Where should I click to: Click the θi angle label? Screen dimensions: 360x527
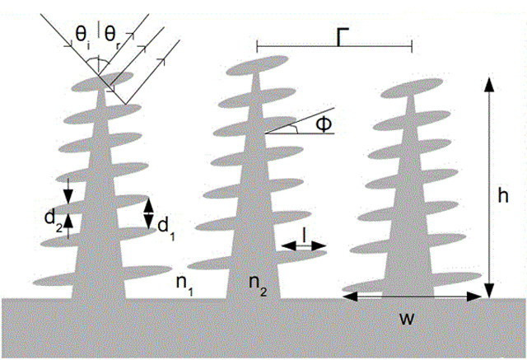click(83, 34)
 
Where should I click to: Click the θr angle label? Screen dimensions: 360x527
click(112, 34)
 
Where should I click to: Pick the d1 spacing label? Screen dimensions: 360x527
click(166, 224)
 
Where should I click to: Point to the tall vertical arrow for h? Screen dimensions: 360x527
click(488, 185)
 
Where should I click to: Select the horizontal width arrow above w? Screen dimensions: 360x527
click(409, 297)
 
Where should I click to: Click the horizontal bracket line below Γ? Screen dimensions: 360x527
click(333, 47)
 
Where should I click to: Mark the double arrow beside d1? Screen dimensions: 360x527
click(150, 213)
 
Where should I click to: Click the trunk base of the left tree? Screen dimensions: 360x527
click(99, 288)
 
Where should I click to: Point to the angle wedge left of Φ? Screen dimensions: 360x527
click(288, 127)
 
